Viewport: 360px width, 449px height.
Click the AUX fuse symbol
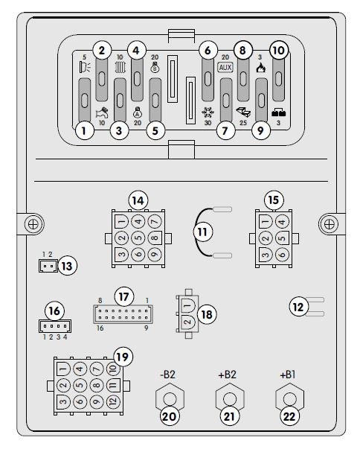click(x=225, y=68)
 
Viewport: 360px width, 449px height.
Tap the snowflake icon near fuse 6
click(x=208, y=112)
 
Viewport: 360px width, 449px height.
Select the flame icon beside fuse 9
click(x=260, y=68)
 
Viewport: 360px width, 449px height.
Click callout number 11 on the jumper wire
click(x=203, y=232)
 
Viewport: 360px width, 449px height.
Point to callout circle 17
click(x=123, y=297)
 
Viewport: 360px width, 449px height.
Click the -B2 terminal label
click(x=167, y=375)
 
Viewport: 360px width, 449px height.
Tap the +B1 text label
click(x=288, y=375)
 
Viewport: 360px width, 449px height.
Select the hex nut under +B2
click(x=230, y=398)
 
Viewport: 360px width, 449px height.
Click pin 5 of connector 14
click(x=138, y=238)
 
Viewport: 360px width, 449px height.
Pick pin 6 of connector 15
click(x=282, y=254)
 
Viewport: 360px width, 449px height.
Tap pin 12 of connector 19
click(x=113, y=401)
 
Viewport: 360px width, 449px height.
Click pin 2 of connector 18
click(x=187, y=322)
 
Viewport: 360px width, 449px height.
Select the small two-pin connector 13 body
click(x=48, y=266)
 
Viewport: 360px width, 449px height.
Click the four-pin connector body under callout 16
click(x=55, y=326)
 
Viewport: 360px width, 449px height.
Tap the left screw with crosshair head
click(x=33, y=224)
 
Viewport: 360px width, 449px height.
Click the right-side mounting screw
click(x=330, y=224)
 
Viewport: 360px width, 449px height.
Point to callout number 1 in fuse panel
click(x=84, y=131)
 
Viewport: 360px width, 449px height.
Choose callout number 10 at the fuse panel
click(x=279, y=51)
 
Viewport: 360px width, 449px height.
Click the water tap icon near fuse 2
click(x=102, y=113)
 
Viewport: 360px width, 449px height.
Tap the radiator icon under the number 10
click(x=120, y=68)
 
